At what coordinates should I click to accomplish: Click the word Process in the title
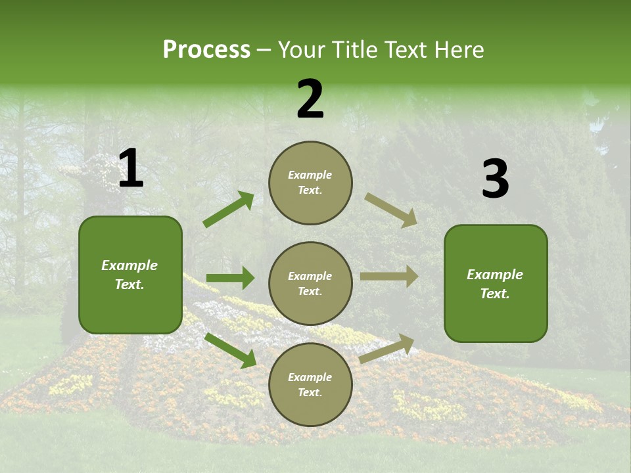click(206, 50)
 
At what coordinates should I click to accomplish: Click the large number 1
click(131, 169)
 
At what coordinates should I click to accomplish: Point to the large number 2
click(310, 99)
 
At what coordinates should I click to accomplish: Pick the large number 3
click(495, 179)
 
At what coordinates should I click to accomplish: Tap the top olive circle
click(310, 183)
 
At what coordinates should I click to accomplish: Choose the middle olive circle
click(310, 283)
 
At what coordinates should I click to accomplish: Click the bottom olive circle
click(310, 384)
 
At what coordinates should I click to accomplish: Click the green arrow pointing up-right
click(229, 210)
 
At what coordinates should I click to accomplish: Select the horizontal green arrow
click(230, 279)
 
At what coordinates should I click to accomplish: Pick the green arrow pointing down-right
click(231, 349)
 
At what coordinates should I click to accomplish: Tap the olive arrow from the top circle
click(391, 210)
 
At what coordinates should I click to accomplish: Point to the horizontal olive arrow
click(389, 277)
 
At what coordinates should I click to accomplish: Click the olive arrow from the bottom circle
click(387, 349)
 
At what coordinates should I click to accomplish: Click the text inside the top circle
click(310, 183)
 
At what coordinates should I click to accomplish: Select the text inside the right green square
click(495, 284)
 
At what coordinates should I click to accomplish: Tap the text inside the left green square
click(129, 275)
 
